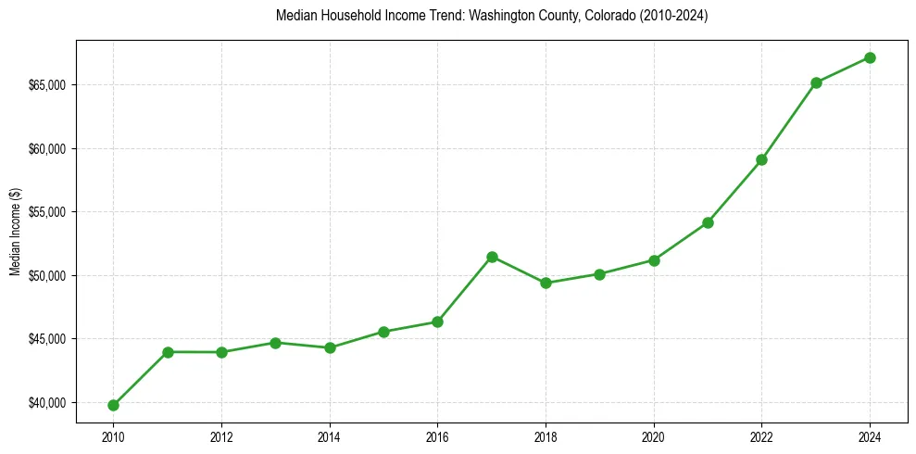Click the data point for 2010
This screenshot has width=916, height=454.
(113, 405)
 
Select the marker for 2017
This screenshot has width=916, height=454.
(492, 257)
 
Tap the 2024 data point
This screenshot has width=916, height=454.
(870, 57)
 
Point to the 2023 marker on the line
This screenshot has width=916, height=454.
(816, 82)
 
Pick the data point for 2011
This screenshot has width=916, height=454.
(168, 352)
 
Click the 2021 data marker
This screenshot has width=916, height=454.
(708, 222)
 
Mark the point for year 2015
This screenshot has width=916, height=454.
(383, 332)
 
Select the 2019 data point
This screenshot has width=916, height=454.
(599, 274)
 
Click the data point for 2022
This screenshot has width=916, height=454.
(761, 159)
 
